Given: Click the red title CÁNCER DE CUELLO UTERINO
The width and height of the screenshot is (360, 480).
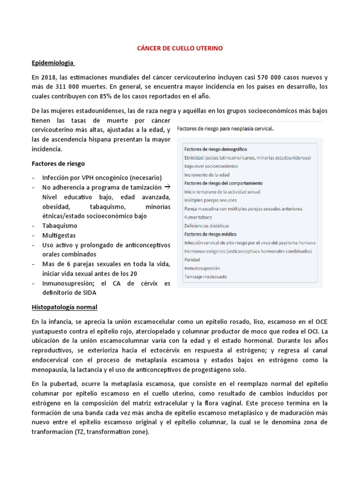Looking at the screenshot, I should coord(180,47).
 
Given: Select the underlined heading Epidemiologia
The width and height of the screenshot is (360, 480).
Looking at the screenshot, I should coord(52,62).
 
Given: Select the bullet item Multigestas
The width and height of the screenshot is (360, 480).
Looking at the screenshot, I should coord(59,235).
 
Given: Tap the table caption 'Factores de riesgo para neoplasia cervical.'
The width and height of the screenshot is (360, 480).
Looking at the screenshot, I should coord(226,127).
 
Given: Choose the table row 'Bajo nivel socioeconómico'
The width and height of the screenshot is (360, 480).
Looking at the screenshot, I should coord(211,166).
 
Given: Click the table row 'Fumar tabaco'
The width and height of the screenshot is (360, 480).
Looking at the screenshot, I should coord(198,217).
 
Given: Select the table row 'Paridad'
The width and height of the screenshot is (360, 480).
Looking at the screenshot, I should coord(192,260).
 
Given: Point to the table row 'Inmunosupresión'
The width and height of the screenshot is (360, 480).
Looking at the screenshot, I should coord(202,268).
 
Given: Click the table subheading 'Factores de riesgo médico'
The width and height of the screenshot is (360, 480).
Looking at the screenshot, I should coord(210,234).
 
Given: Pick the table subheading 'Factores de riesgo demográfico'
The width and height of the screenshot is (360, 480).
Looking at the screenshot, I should coord(215,149).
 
